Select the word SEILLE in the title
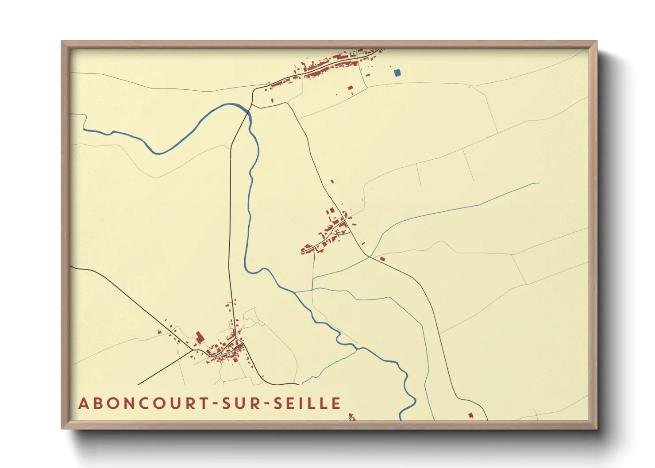[x=308, y=403]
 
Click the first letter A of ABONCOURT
[x=83, y=403]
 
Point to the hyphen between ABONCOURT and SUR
[x=216, y=404]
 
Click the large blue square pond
[x=397, y=73]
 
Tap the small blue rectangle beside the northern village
[x=368, y=75]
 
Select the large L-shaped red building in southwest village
[x=200, y=337]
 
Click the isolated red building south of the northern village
[x=351, y=88]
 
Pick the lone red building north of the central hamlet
[x=332, y=181]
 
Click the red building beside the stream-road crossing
[x=382, y=258]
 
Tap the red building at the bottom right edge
[x=470, y=415]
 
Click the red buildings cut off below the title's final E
[x=352, y=416]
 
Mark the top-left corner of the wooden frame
[x=62, y=42]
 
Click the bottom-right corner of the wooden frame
[x=597, y=428]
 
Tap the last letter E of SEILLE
[x=337, y=403]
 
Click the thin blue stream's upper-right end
[x=539, y=183]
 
